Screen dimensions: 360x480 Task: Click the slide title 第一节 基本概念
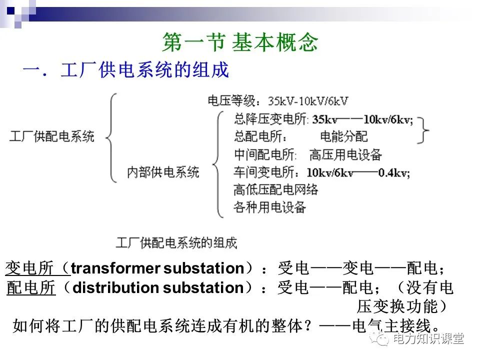coord(240,43)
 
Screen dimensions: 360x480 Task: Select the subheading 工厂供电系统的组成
coord(144,70)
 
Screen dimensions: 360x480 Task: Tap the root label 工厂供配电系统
coord(51,136)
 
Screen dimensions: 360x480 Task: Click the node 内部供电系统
coord(163,172)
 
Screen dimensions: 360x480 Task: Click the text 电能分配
coord(343,136)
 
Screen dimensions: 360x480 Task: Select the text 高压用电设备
coord(345,154)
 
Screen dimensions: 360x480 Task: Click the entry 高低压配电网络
coord(275,189)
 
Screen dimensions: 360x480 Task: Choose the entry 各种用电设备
coord(269,207)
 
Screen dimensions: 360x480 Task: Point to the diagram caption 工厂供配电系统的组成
coord(176,243)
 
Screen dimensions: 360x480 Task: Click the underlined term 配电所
coord(31,288)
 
